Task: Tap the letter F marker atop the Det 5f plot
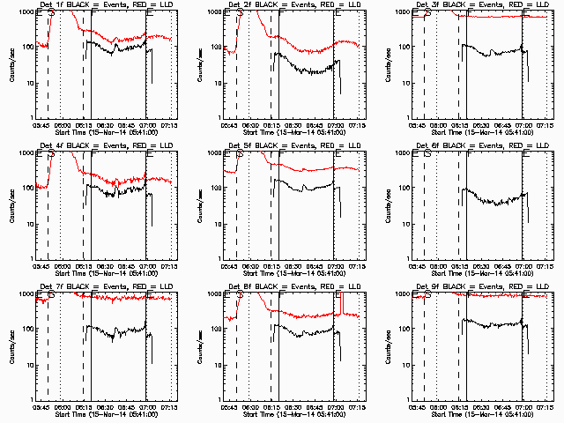click(x=281, y=153)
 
